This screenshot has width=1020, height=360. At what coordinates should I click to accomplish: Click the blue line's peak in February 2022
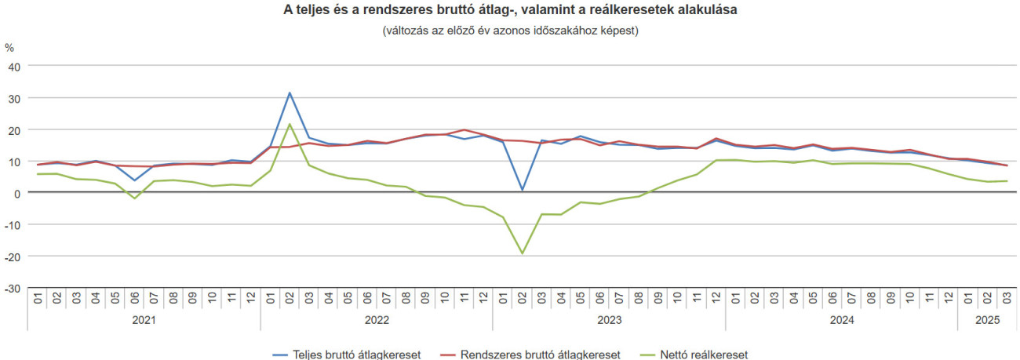pyautogui.click(x=290, y=93)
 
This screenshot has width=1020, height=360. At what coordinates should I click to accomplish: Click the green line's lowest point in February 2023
pyautogui.click(x=522, y=253)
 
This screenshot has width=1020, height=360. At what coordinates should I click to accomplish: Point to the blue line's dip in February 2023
pyautogui.click(x=522, y=190)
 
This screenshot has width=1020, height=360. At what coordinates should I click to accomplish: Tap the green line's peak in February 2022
pyautogui.click(x=290, y=124)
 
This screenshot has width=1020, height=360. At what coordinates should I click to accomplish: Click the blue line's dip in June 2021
pyautogui.click(x=135, y=180)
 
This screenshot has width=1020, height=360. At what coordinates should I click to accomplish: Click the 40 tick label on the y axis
pyautogui.click(x=13, y=66)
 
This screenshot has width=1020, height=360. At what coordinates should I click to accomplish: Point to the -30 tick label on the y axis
pyautogui.click(x=12, y=288)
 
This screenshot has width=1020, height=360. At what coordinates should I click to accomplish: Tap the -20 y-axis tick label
pyautogui.click(x=12, y=256)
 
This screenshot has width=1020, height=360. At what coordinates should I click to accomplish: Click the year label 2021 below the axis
pyautogui.click(x=144, y=320)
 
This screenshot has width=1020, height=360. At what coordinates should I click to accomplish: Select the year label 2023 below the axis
pyautogui.click(x=609, y=320)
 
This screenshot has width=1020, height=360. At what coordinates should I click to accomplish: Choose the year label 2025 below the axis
pyautogui.click(x=987, y=320)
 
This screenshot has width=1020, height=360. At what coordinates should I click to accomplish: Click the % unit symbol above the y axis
pyautogui.click(x=9, y=47)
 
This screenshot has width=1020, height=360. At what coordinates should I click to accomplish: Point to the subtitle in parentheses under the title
pyautogui.click(x=510, y=31)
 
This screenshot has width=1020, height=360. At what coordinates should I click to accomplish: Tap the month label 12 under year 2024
pyautogui.click(x=948, y=298)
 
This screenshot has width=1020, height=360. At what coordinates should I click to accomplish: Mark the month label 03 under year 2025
pyautogui.click(x=1006, y=298)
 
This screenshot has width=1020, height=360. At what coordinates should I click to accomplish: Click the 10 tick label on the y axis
pyautogui.click(x=13, y=162)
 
